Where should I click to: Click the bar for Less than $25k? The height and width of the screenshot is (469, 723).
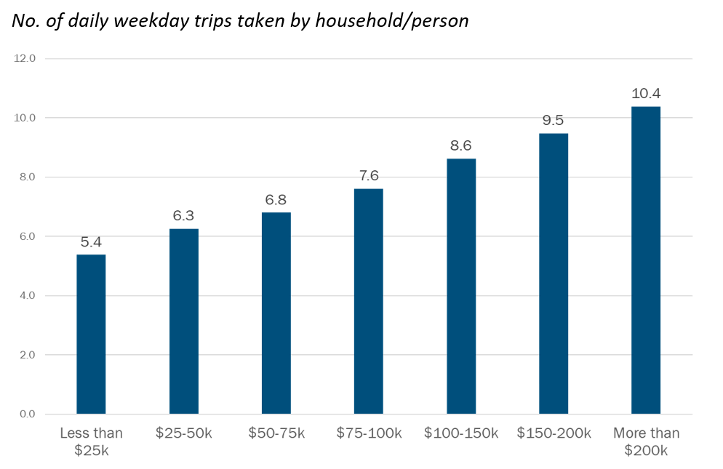(x=91, y=334)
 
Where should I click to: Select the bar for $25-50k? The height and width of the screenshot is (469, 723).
(x=183, y=321)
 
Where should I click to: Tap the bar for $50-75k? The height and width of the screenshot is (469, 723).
(x=276, y=313)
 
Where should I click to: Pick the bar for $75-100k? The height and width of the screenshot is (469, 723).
(x=368, y=302)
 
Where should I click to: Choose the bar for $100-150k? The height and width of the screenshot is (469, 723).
(x=461, y=286)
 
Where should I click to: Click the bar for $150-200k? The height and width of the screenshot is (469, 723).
(x=554, y=273)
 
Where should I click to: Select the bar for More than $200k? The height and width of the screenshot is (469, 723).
(x=646, y=260)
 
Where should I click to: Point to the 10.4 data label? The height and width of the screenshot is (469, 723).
(x=646, y=94)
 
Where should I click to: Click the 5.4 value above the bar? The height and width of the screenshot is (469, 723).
(x=91, y=241)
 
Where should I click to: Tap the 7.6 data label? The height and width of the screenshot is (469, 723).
(x=368, y=176)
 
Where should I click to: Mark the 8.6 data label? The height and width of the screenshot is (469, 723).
(x=461, y=145)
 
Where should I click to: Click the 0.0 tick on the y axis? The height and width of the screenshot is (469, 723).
(x=27, y=414)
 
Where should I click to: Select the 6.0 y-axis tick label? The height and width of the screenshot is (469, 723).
(x=27, y=236)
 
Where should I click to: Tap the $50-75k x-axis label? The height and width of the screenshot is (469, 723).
(x=276, y=434)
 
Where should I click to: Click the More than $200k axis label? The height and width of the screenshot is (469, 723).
(x=646, y=442)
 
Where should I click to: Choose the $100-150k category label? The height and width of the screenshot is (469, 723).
(x=461, y=434)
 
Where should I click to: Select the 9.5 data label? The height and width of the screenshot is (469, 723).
(x=554, y=120)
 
